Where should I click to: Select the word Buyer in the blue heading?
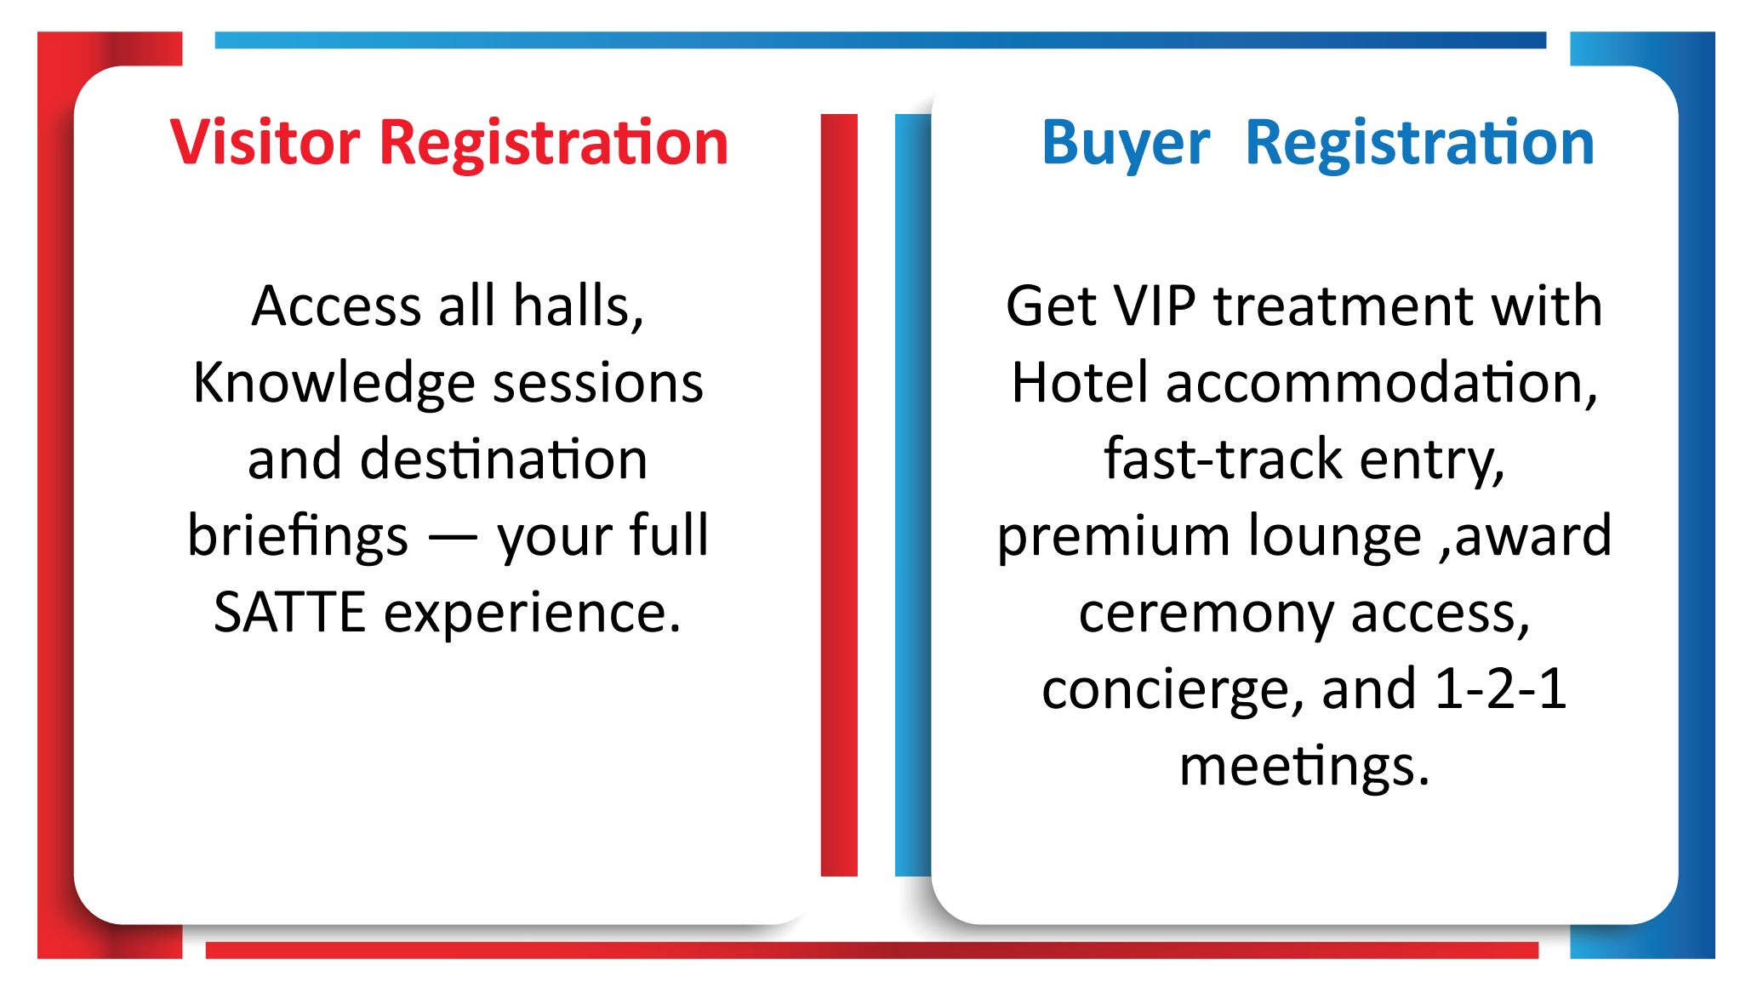pos(1126,144)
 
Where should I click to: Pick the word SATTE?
pos(290,613)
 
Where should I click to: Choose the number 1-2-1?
pos(1500,688)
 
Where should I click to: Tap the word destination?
pos(504,460)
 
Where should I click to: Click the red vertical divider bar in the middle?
pos(839,494)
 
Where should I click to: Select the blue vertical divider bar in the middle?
pos(913,494)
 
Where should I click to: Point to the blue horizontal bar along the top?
pos(881,40)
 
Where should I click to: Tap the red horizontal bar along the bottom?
pos(872,950)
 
